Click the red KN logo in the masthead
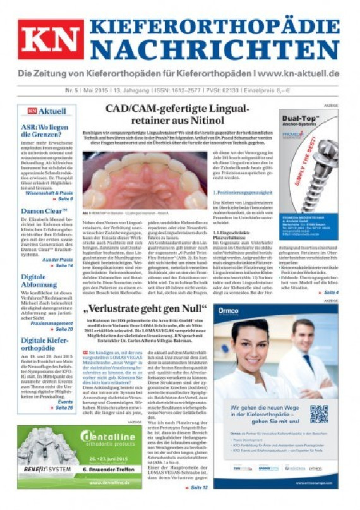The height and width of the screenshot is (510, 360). coord(51,39)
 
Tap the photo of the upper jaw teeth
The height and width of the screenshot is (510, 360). coord(145,179)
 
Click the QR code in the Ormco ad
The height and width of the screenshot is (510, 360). coord(319,414)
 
